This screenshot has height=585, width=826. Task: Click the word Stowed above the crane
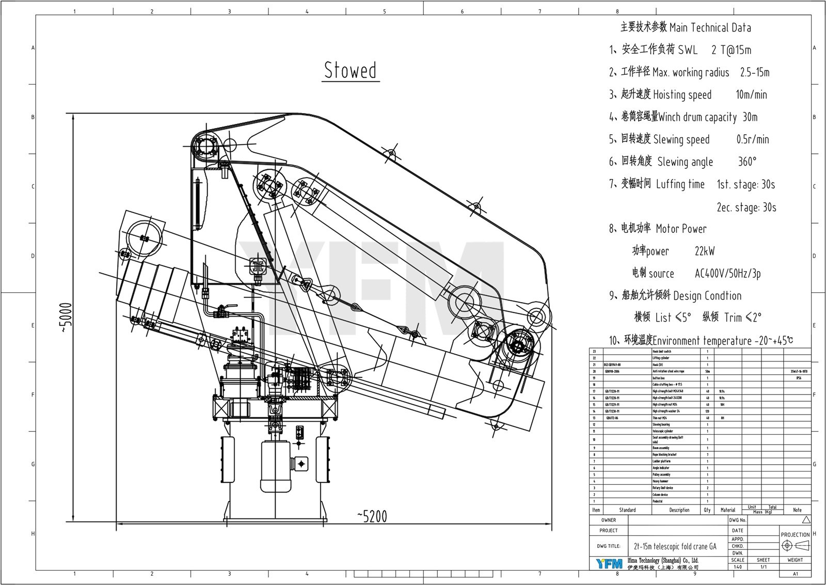351,70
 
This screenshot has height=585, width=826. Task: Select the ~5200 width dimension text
372,516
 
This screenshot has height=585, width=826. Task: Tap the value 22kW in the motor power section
705,251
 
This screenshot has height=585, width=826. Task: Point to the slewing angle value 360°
747,162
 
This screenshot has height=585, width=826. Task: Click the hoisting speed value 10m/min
751,94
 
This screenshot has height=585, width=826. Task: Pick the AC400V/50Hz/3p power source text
728,274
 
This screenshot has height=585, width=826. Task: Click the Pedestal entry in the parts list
657,501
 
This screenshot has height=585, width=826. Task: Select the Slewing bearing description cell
662,424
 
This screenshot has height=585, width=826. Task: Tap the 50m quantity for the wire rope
707,371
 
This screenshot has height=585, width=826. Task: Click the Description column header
679,510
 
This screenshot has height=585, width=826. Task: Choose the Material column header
728,510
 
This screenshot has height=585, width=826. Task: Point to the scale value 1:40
738,567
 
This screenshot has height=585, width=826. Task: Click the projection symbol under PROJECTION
795,546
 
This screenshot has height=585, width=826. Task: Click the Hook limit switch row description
662,351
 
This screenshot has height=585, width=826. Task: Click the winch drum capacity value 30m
750,117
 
